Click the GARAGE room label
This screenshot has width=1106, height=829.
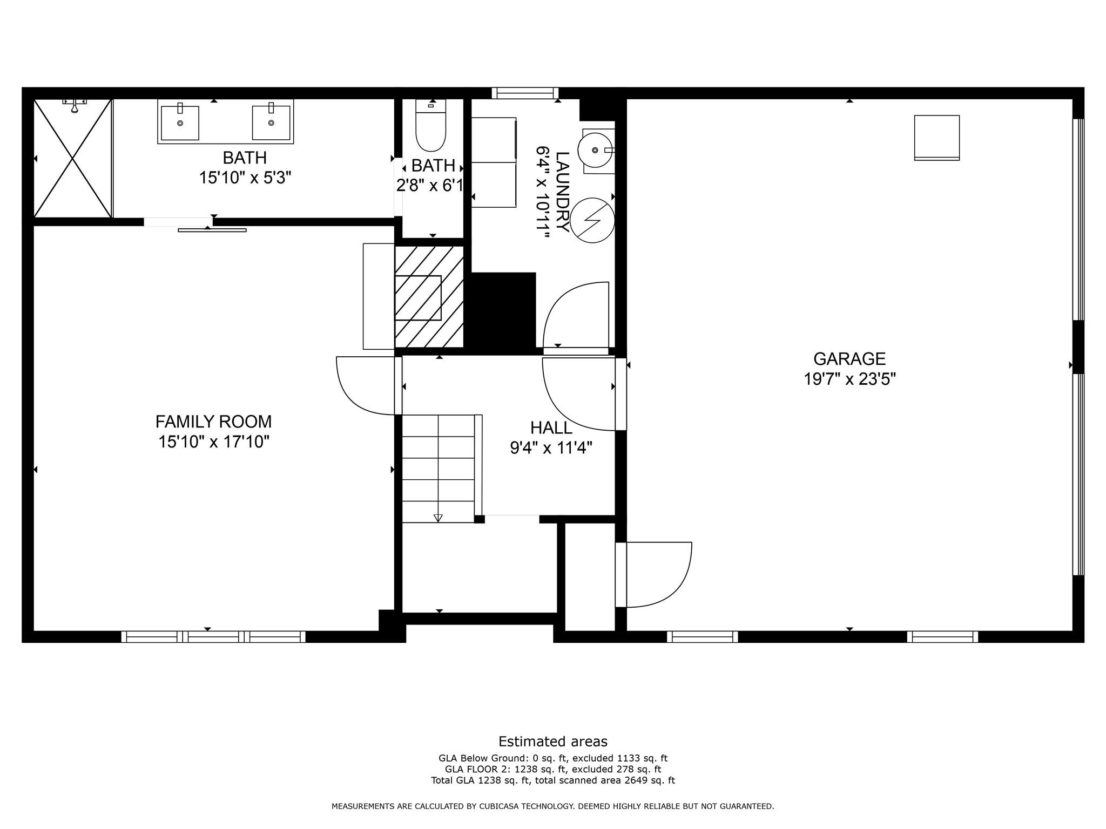tap(849, 359)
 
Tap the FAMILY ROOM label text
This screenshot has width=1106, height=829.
tap(213, 422)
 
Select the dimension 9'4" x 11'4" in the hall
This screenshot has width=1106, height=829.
tap(551, 448)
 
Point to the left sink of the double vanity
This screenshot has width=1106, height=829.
tap(180, 123)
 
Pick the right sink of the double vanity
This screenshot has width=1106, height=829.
tap(271, 123)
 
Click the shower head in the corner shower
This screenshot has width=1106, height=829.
tap(75, 106)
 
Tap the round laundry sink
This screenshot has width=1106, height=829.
tap(595, 150)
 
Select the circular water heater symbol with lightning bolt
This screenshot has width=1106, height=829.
tap(592, 220)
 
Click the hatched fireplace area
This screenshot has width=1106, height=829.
tap(429, 297)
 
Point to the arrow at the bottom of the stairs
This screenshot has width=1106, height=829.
tap(438, 518)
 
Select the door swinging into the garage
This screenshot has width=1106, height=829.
tap(656, 575)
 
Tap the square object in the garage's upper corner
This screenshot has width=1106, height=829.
tap(936, 138)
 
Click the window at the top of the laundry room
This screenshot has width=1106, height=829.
tap(525, 93)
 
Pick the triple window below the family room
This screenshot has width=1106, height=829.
tap(213, 637)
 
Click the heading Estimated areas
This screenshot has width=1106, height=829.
tap(552, 742)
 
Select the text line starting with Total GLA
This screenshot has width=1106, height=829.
tap(552, 780)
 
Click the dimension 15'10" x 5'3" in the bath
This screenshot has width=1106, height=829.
tap(245, 178)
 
